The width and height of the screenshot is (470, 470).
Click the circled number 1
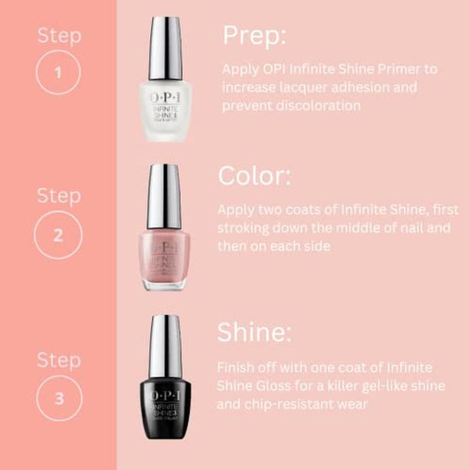[59, 73]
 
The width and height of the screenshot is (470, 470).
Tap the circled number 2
[59, 235]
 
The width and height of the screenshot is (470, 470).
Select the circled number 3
[59, 398]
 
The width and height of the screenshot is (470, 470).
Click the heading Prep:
[255, 36]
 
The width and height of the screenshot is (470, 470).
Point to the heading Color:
[255, 176]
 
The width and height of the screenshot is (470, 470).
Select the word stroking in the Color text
[243, 228]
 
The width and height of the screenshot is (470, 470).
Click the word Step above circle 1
[59, 35]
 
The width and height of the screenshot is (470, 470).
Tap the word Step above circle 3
[59, 360]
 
